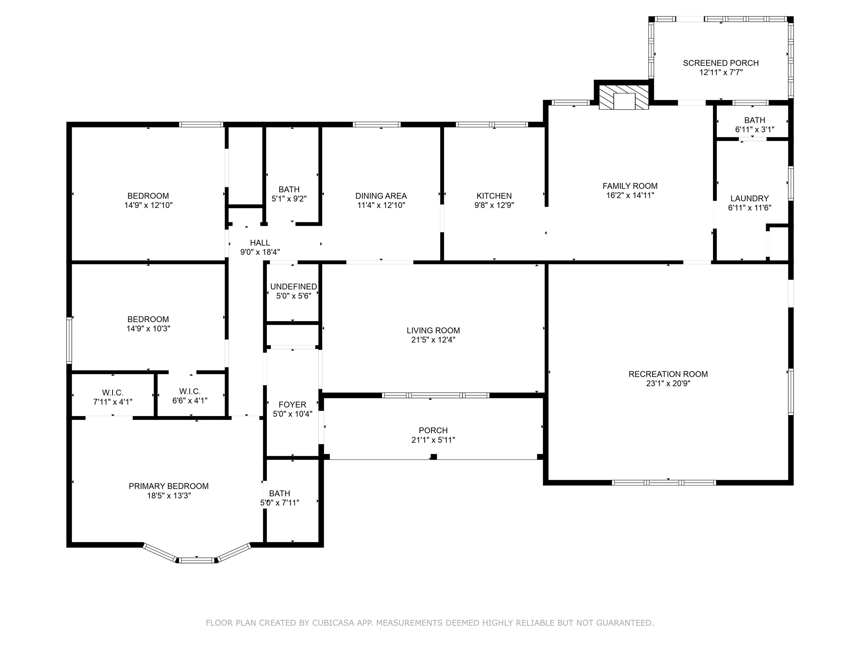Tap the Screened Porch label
pyautogui.click(x=721, y=63)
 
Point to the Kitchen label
pyautogui.click(x=494, y=196)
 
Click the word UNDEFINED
pyautogui.click(x=294, y=287)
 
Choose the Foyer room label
pyautogui.click(x=292, y=405)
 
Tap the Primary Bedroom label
pyautogui.click(x=169, y=486)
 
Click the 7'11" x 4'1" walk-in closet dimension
pyautogui.click(x=113, y=402)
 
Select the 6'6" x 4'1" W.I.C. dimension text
pyautogui.click(x=190, y=400)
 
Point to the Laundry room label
pyautogui.click(x=750, y=198)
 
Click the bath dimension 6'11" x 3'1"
pyautogui.click(x=755, y=129)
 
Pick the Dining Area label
pyautogui.click(x=381, y=196)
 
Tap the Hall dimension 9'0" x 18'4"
pyautogui.click(x=260, y=252)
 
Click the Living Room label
pyautogui.click(x=433, y=330)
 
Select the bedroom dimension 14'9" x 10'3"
pyautogui.click(x=148, y=329)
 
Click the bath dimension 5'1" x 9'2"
pyautogui.click(x=289, y=199)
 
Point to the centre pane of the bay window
pyautogui.click(x=197, y=560)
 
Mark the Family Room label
pyautogui.click(x=630, y=186)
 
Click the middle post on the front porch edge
pyautogui.click(x=434, y=457)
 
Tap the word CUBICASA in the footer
pyautogui.click(x=333, y=623)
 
